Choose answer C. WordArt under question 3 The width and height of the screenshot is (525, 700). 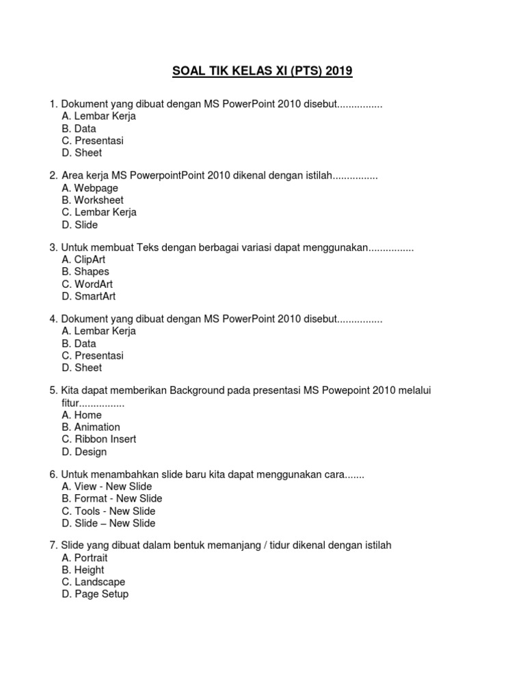(x=87, y=284)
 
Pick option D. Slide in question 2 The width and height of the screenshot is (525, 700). (x=79, y=225)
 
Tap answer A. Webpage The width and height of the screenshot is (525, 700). (x=90, y=188)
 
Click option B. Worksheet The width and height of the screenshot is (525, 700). (x=92, y=200)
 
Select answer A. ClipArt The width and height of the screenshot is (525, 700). (x=83, y=260)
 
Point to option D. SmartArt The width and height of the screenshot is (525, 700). (x=88, y=297)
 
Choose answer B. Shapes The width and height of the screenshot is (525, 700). (x=85, y=272)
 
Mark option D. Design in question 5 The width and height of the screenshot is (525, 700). (x=84, y=452)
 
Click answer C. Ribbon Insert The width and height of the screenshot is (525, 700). (x=98, y=440)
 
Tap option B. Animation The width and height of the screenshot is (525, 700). (x=90, y=427)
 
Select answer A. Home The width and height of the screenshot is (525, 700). (x=81, y=415)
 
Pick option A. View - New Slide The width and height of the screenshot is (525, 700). (x=107, y=487)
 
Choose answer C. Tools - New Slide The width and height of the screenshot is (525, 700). (x=108, y=511)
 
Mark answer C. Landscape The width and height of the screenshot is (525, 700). (x=93, y=582)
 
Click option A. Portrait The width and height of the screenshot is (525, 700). (x=84, y=558)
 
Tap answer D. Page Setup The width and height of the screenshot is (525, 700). (x=94, y=595)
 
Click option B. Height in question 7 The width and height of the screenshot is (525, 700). (x=83, y=570)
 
